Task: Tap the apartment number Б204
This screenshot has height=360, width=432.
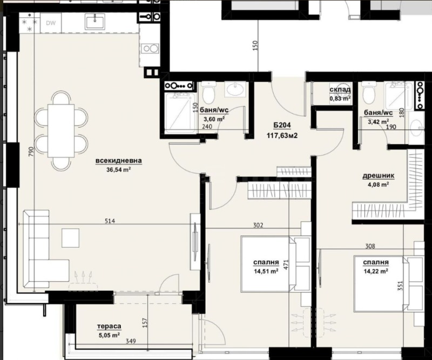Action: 282,126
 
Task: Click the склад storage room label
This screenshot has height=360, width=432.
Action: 340,90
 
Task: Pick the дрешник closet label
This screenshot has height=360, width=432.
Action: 378,175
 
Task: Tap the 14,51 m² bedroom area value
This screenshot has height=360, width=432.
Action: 266,271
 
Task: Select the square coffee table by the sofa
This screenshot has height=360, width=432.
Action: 71,237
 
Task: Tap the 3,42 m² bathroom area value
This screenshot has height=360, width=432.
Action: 376,121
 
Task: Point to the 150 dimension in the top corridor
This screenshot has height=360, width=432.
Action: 255,47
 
